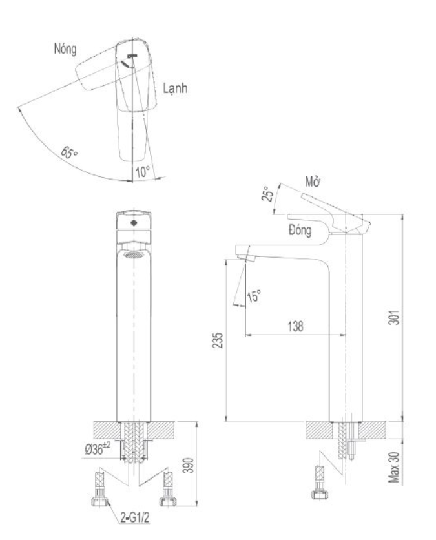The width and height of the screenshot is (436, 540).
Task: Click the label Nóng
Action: coord(65,48)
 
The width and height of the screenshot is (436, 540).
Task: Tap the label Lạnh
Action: coord(175,88)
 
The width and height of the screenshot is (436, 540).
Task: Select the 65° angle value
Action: coord(69,152)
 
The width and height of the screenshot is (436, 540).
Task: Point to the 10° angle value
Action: coord(143,172)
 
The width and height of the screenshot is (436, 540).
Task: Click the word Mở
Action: coord(313,182)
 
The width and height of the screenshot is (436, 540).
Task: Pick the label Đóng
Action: coord(300,230)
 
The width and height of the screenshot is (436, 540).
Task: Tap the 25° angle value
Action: coord(267,194)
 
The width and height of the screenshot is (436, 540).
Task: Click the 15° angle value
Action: coord(253,296)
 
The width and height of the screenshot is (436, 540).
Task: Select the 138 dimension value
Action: coord(295,326)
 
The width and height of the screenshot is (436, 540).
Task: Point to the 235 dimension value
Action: coord(217,340)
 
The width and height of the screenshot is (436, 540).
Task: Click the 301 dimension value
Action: coord(394,317)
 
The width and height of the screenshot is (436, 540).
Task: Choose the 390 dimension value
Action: coord(188,465)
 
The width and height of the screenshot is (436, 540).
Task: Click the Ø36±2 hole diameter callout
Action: coord(98,449)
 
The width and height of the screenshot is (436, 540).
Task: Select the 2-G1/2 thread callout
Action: coord(134,517)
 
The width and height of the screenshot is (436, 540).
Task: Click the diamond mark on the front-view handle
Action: coord(134,223)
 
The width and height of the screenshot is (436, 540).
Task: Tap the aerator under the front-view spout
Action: coord(133,255)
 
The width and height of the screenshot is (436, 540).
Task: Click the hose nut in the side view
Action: coord(319,495)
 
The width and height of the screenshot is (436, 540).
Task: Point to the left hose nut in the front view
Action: coord(100,501)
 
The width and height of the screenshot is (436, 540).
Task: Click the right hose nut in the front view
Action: coord(168,501)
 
